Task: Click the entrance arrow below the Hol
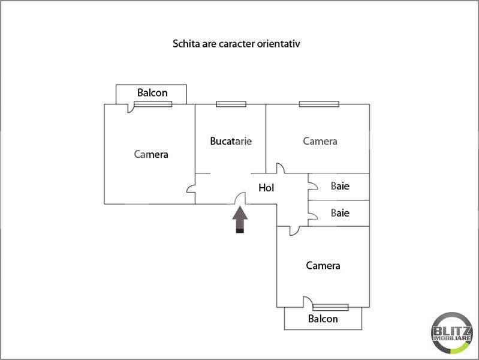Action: (x=240, y=220)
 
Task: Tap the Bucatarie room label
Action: (x=231, y=141)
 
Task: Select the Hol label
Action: (x=266, y=187)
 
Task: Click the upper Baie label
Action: (x=340, y=186)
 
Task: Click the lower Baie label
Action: (x=340, y=212)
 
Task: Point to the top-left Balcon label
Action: (x=152, y=92)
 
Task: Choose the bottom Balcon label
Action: (x=323, y=319)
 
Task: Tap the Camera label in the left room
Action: (x=151, y=154)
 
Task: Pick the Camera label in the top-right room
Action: (x=320, y=141)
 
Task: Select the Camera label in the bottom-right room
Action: (x=323, y=265)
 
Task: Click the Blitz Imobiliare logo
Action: (x=452, y=333)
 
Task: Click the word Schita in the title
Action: (x=186, y=43)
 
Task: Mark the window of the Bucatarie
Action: (x=231, y=104)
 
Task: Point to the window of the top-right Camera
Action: (x=319, y=104)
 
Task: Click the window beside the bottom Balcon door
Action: (x=330, y=307)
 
